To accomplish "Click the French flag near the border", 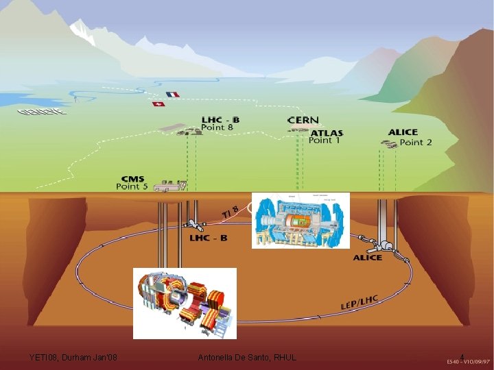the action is click(x=172, y=95).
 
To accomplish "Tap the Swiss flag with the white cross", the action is click(x=158, y=104).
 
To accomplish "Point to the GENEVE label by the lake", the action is click(x=43, y=111).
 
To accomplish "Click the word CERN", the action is click(x=303, y=121).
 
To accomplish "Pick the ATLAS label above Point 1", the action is click(x=327, y=133).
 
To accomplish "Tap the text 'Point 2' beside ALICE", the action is click(x=416, y=143).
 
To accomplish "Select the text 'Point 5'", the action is click(x=132, y=186).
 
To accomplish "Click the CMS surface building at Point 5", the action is click(x=169, y=185).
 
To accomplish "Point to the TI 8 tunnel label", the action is click(x=231, y=212).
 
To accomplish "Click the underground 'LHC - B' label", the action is click(x=209, y=238).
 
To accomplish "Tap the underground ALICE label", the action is click(x=368, y=258).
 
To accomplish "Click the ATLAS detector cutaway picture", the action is click(x=301, y=220).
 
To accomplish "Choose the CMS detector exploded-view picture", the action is click(x=185, y=302).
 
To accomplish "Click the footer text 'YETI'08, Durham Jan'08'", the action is click(x=73, y=357).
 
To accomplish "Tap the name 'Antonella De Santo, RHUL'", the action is click(x=247, y=357).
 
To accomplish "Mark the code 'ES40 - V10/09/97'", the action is click(x=468, y=361).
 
